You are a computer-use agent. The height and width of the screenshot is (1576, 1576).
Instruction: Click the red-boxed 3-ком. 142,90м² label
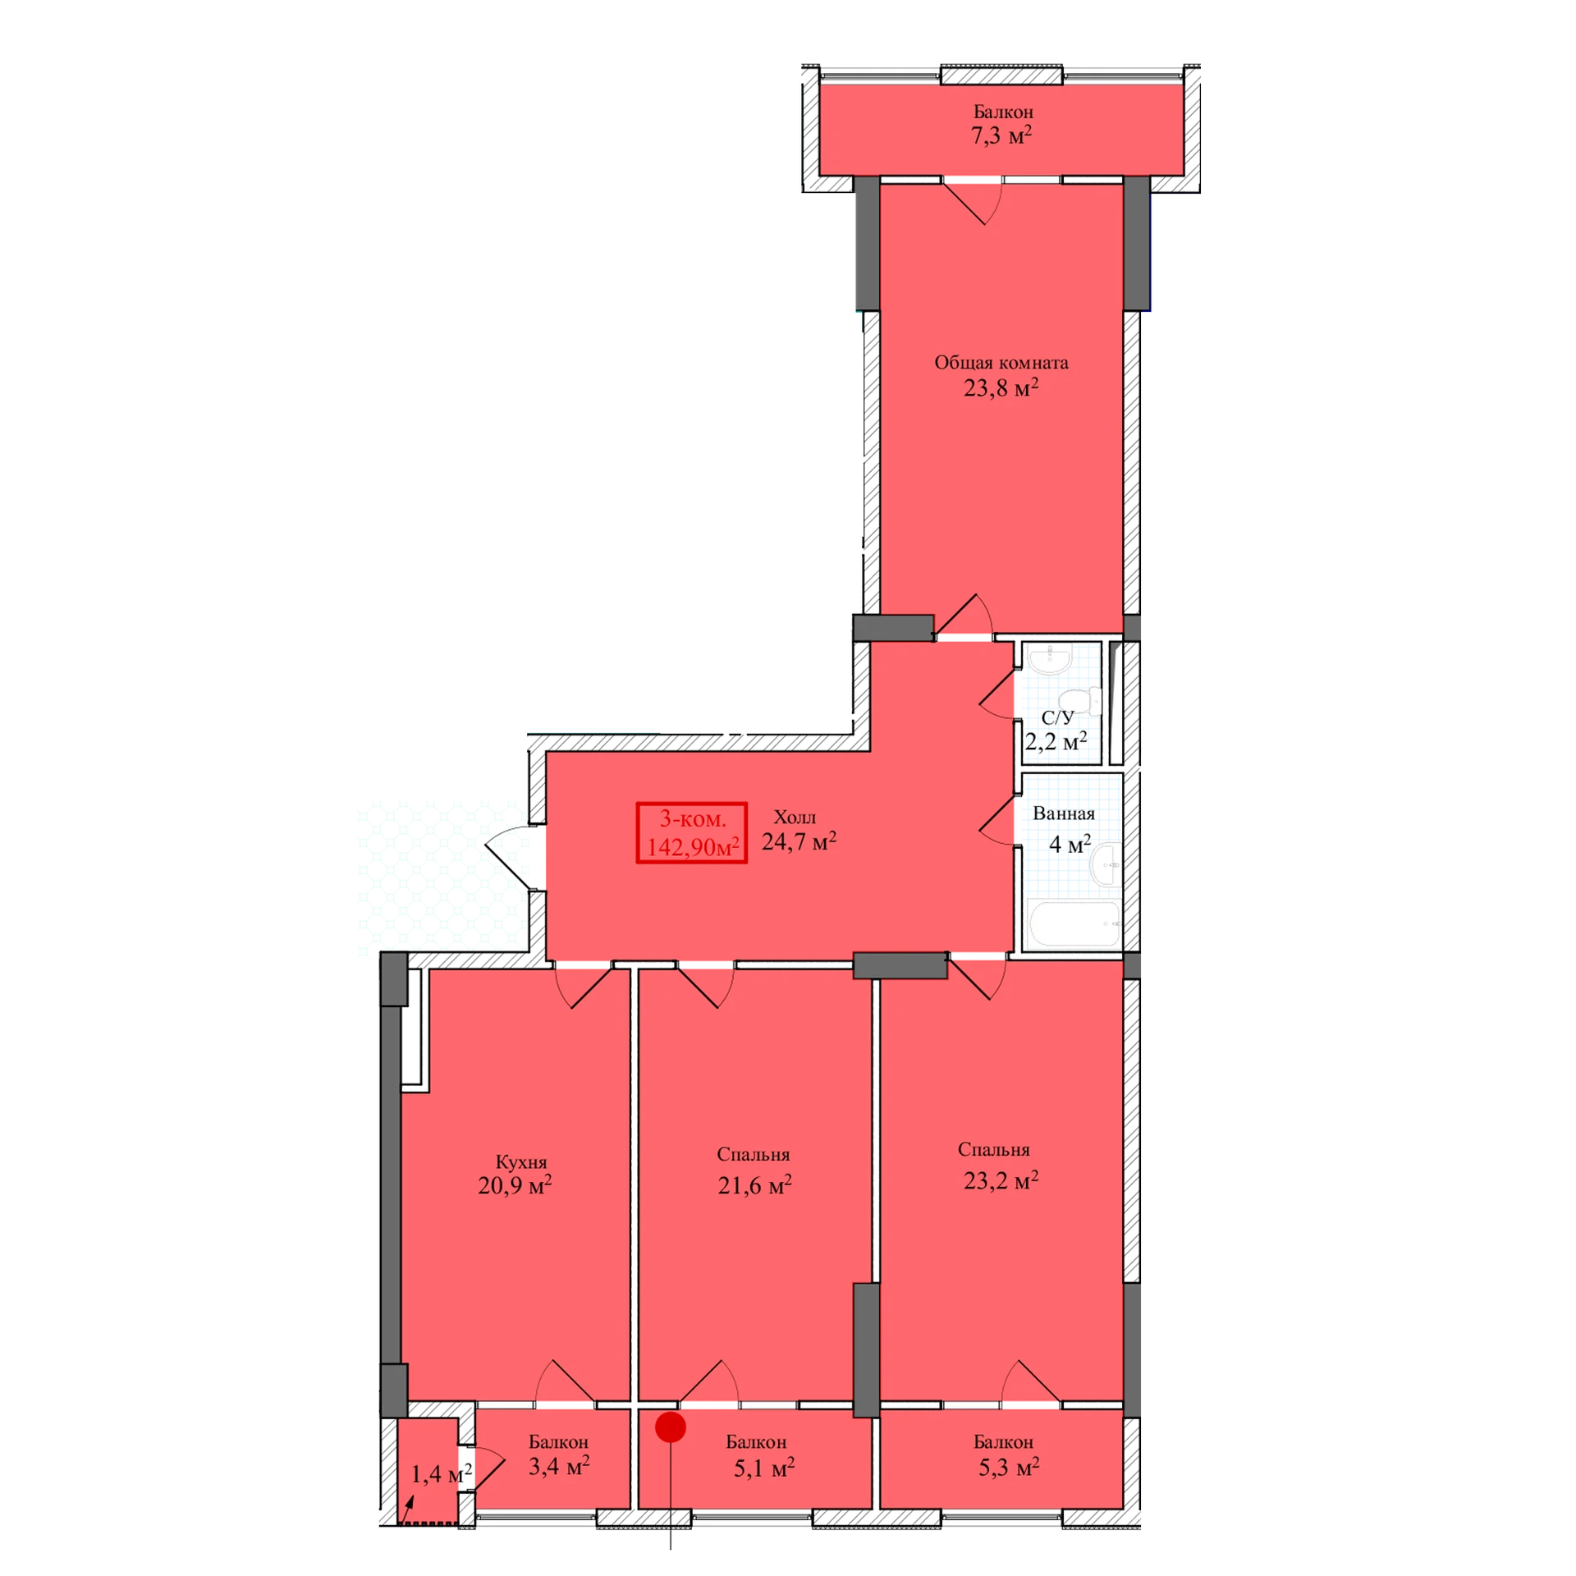click(x=691, y=832)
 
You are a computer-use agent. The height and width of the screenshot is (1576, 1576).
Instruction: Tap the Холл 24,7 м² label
click(x=799, y=830)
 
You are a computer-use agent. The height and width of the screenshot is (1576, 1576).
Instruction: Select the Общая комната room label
click(x=1001, y=375)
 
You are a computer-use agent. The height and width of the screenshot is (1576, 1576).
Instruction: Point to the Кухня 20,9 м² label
click(x=515, y=1174)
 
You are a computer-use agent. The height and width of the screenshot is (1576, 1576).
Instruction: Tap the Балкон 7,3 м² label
click(x=1001, y=124)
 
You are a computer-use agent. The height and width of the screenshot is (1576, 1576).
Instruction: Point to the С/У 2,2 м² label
click(x=1056, y=731)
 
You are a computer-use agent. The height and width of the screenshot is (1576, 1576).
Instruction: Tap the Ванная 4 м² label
click(x=1065, y=829)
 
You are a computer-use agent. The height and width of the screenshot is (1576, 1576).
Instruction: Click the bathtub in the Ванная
click(x=1072, y=923)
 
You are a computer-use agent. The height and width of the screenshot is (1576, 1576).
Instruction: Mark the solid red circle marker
click(x=671, y=1427)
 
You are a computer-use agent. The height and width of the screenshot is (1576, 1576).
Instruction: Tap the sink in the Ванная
click(x=1106, y=864)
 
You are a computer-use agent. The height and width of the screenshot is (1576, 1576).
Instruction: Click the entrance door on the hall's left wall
click(x=515, y=858)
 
